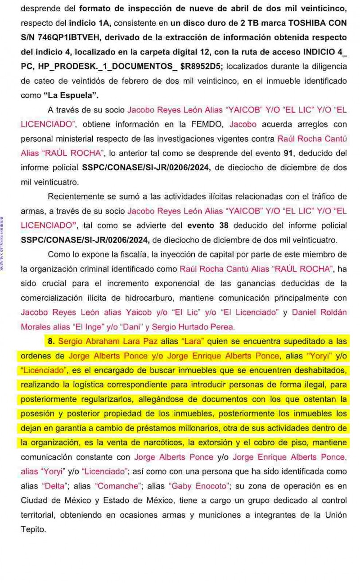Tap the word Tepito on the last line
(x=33, y=530)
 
